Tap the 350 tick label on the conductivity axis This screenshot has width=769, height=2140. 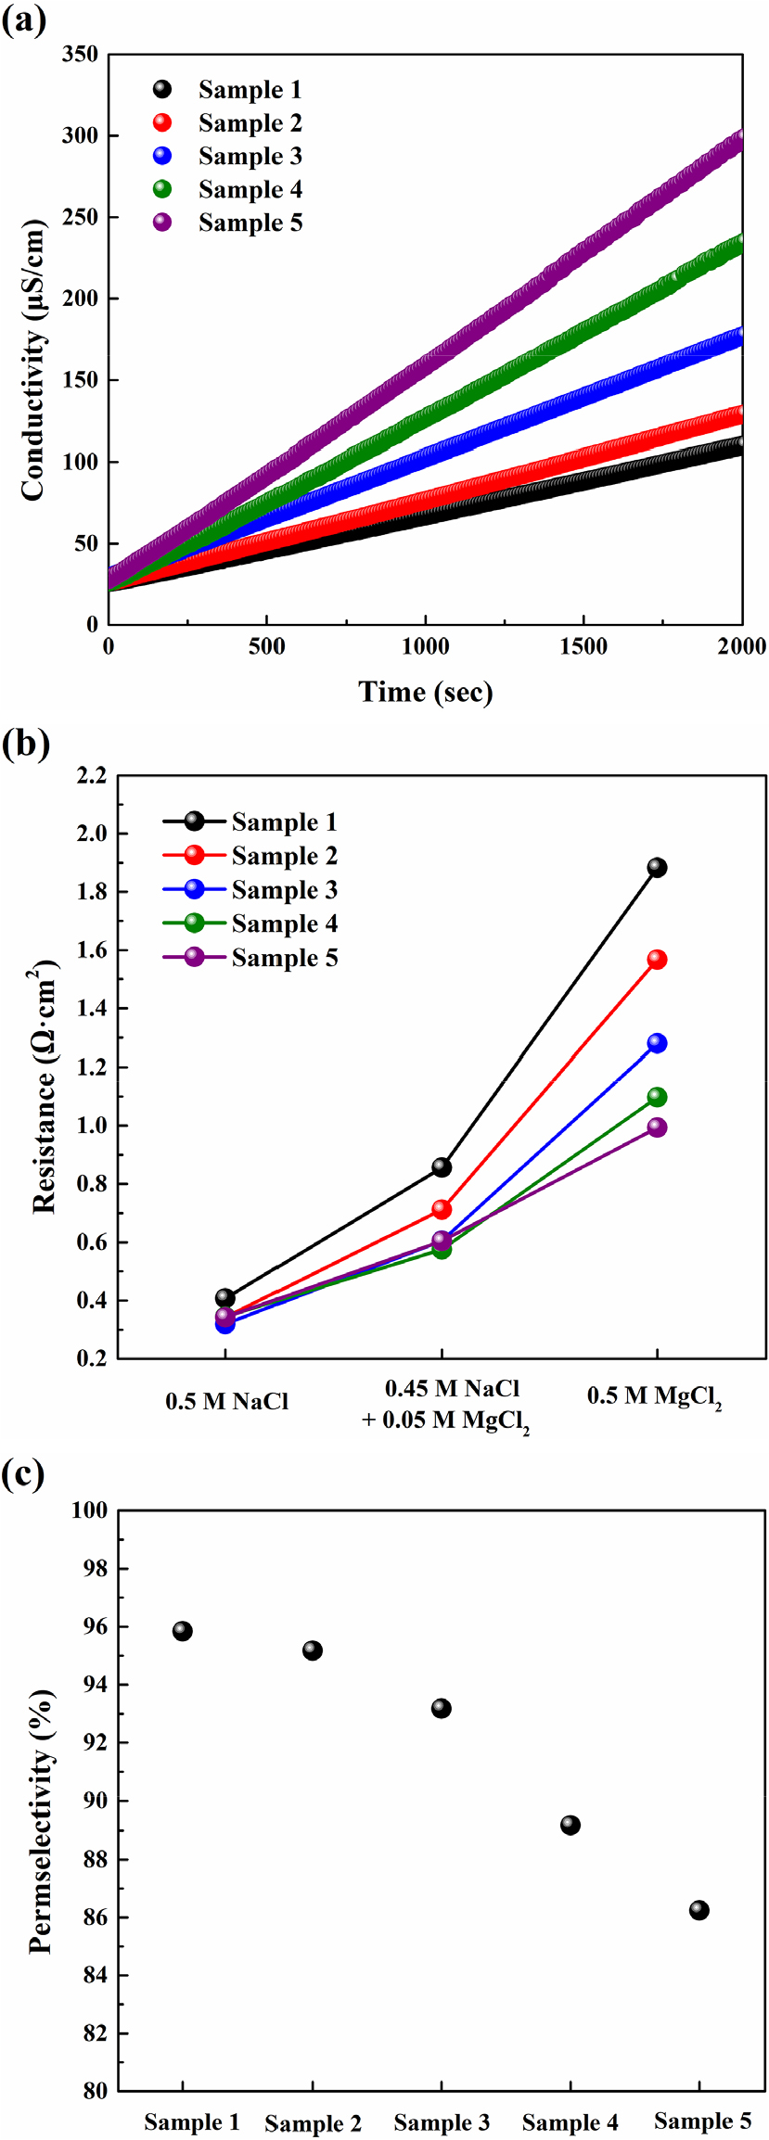(x=80, y=55)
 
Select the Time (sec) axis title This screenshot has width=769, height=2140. (x=426, y=692)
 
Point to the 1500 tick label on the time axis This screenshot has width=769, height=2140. (x=583, y=646)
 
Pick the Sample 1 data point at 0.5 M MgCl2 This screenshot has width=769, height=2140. (x=657, y=868)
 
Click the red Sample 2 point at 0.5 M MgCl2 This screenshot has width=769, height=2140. (x=657, y=960)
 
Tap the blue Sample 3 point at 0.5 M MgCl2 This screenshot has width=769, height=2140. (x=657, y=1043)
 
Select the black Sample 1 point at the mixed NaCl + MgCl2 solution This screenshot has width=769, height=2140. (x=442, y=1167)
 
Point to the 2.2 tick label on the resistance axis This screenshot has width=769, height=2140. (x=92, y=775)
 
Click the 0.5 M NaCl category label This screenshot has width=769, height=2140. (x=227, y=1401)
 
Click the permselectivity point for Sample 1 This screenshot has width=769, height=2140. (x=183, y=1631)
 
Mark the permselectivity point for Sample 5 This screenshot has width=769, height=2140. (x=699, y=1910)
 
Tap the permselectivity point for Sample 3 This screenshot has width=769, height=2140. (x=442, y=1708)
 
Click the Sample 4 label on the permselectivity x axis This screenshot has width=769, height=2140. (x=570, y=2122)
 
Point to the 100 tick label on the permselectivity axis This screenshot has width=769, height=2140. (x=90, y=1510)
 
